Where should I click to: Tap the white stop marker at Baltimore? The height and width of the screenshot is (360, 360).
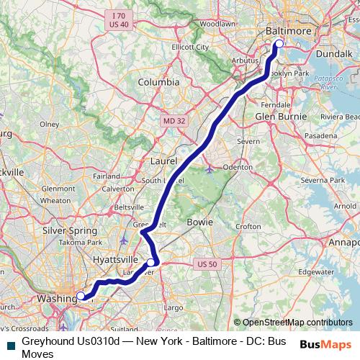point(279,44)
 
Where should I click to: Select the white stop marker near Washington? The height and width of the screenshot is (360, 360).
point(81,295)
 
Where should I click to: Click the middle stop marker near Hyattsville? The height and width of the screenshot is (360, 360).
point(150,263)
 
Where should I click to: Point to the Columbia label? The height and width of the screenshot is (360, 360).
point(158,82)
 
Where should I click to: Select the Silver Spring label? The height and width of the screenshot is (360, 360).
point(64,230)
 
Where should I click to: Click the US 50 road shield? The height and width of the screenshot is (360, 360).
point(207,264)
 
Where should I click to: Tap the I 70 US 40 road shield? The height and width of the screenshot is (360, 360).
point(119,19)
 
